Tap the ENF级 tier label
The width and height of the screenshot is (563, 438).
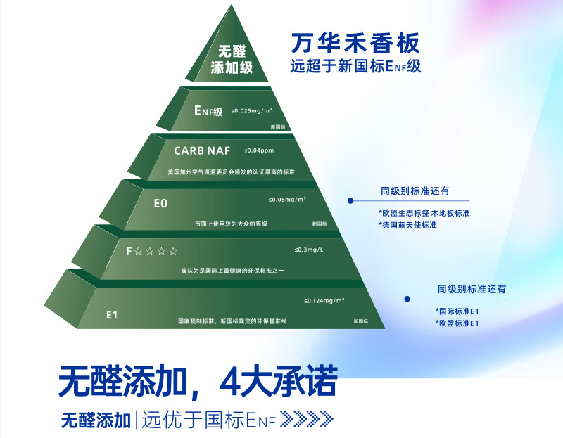click(x=208, y=111)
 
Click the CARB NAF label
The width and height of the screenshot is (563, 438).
click(x=202, y=150)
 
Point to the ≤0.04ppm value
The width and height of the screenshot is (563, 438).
click(x=258, y=150)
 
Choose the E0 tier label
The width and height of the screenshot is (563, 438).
click(x=160, y=203)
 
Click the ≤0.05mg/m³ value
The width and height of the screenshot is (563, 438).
click(x=287, y=200)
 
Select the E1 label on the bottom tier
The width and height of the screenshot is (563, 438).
click(x=111, y=314)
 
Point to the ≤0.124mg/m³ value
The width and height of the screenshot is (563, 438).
click(x=324, y=301)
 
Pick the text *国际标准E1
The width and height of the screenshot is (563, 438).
click(x=457, y=311)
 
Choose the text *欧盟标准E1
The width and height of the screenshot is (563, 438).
click(x=457, y=323)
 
